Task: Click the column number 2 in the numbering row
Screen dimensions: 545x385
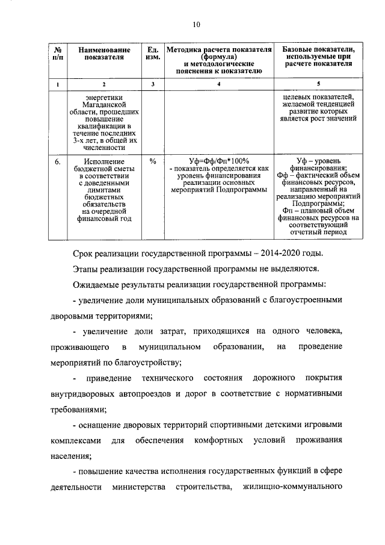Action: (x=104, y=84)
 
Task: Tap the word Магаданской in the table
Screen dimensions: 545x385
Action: (x=104, y=104)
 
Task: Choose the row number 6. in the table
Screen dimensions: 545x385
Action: (x=56, y=161)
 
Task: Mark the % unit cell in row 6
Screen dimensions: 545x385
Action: (x=153, y=161)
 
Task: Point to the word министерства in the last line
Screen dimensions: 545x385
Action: (x=139, y=488)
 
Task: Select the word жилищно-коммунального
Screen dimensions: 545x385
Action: (x=293, y=488)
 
